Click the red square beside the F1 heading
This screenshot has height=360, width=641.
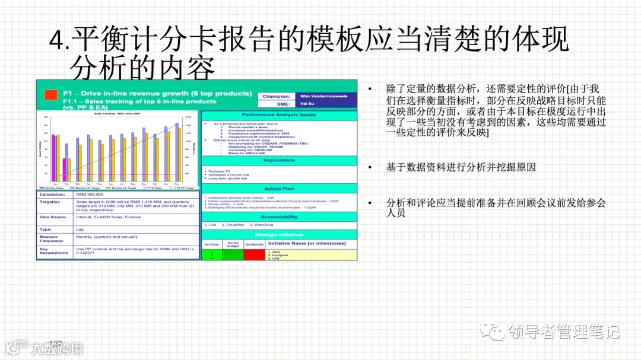click(x=51, y=94)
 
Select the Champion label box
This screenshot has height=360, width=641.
click(x=277, y=95)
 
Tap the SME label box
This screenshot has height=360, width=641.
click(x=277, y=103)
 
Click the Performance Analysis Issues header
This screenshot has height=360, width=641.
click(x=279, y=114)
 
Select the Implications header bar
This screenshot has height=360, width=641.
click(x=279, y=160)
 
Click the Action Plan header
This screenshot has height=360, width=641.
click(x=279, y=189)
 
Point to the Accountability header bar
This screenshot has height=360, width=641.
click(x=279, y=217)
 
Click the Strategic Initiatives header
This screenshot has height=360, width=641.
click(x=279, y=234)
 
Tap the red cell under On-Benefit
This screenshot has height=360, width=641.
click(x=253, y=255)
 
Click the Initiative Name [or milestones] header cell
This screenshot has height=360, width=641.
click(x=307, y=243)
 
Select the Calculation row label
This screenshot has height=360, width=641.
click(x=54, y=194)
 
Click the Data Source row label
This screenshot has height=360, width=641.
click(x=54, y=217)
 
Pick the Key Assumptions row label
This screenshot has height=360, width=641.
click(x=54, y=251)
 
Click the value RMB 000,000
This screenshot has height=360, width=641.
click(x=90, y=194)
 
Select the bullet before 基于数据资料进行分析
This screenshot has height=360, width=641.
click(x=370, y=168)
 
